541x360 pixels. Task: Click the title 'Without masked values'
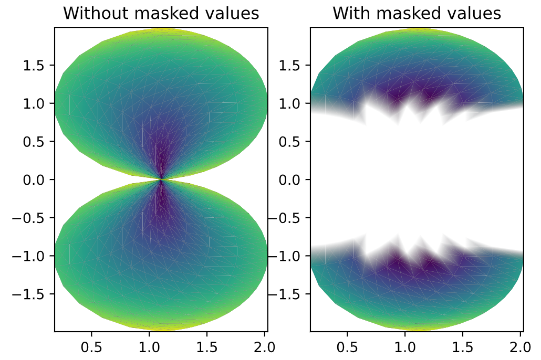[x=161, y=14]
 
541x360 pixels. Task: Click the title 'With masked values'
[x=417, y=14]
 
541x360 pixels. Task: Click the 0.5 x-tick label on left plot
[x=91, y=347]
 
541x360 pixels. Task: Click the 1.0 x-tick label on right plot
[x=404, y=347]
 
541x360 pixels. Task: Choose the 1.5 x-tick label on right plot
[x=462, y=347]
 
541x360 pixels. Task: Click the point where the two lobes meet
[x=161, y=179]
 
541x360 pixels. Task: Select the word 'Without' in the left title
[x=91, y=14]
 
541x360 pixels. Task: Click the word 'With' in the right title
[x=350, y=14]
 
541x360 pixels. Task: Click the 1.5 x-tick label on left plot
[x=206, y=347]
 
